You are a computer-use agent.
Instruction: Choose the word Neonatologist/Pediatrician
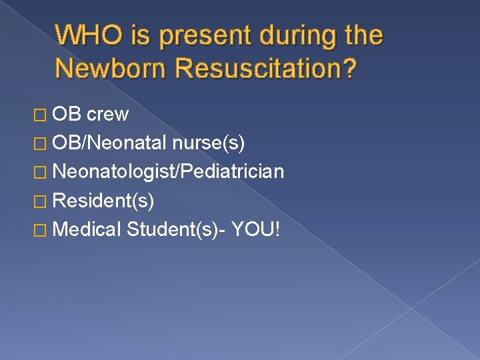pyautogui.click(x=168, y=172)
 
